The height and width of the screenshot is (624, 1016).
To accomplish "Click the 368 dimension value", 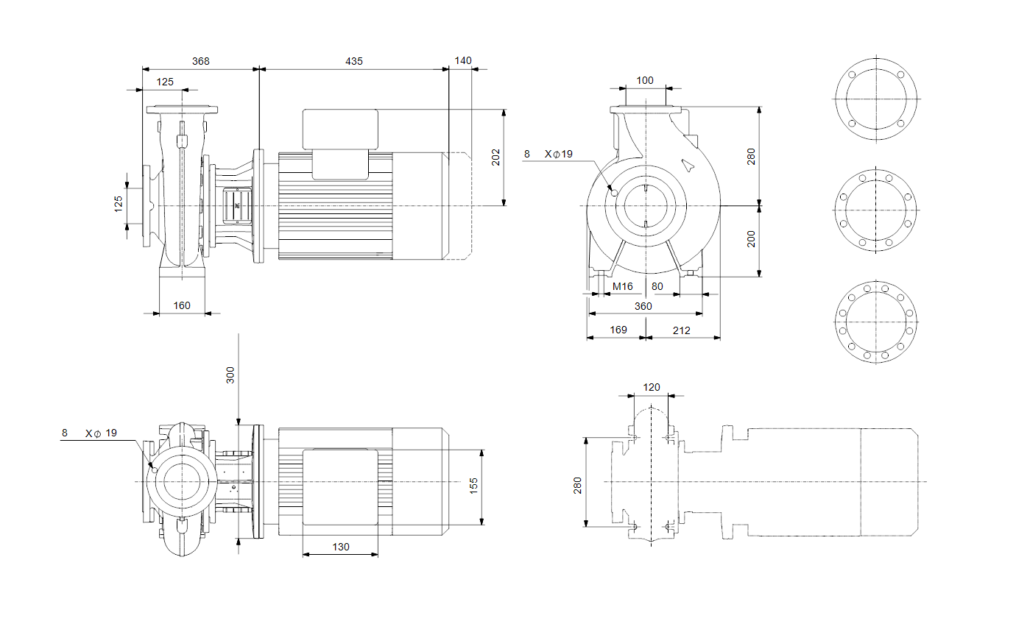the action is point(200,61).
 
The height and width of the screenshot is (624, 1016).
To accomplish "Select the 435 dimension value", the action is point(354,61).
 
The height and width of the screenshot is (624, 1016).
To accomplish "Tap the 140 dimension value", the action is point(462,61).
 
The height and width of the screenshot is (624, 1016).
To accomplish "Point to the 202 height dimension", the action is point(495,157).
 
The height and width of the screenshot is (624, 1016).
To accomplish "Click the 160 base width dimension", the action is point(181,305).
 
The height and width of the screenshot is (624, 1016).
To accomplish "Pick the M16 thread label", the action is point(622,286).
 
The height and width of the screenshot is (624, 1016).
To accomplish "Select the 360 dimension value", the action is point(643,307).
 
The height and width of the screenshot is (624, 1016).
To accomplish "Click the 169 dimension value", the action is point(618,330).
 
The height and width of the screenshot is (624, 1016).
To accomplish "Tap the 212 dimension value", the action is point(681,330).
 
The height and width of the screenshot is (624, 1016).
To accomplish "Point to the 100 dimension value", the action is point(644,81).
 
